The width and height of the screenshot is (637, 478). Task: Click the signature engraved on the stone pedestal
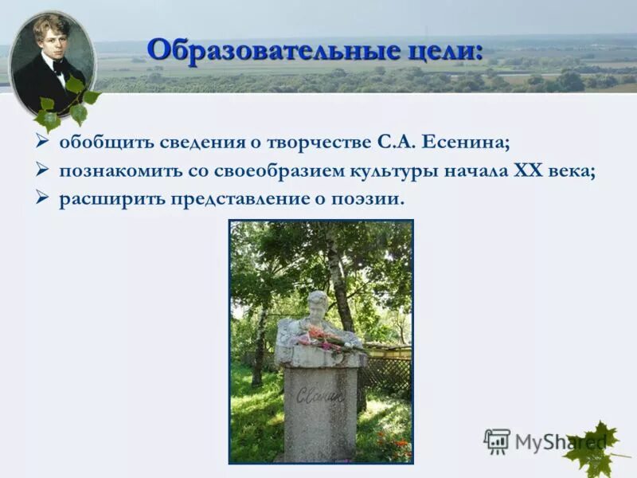click(319, 394)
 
